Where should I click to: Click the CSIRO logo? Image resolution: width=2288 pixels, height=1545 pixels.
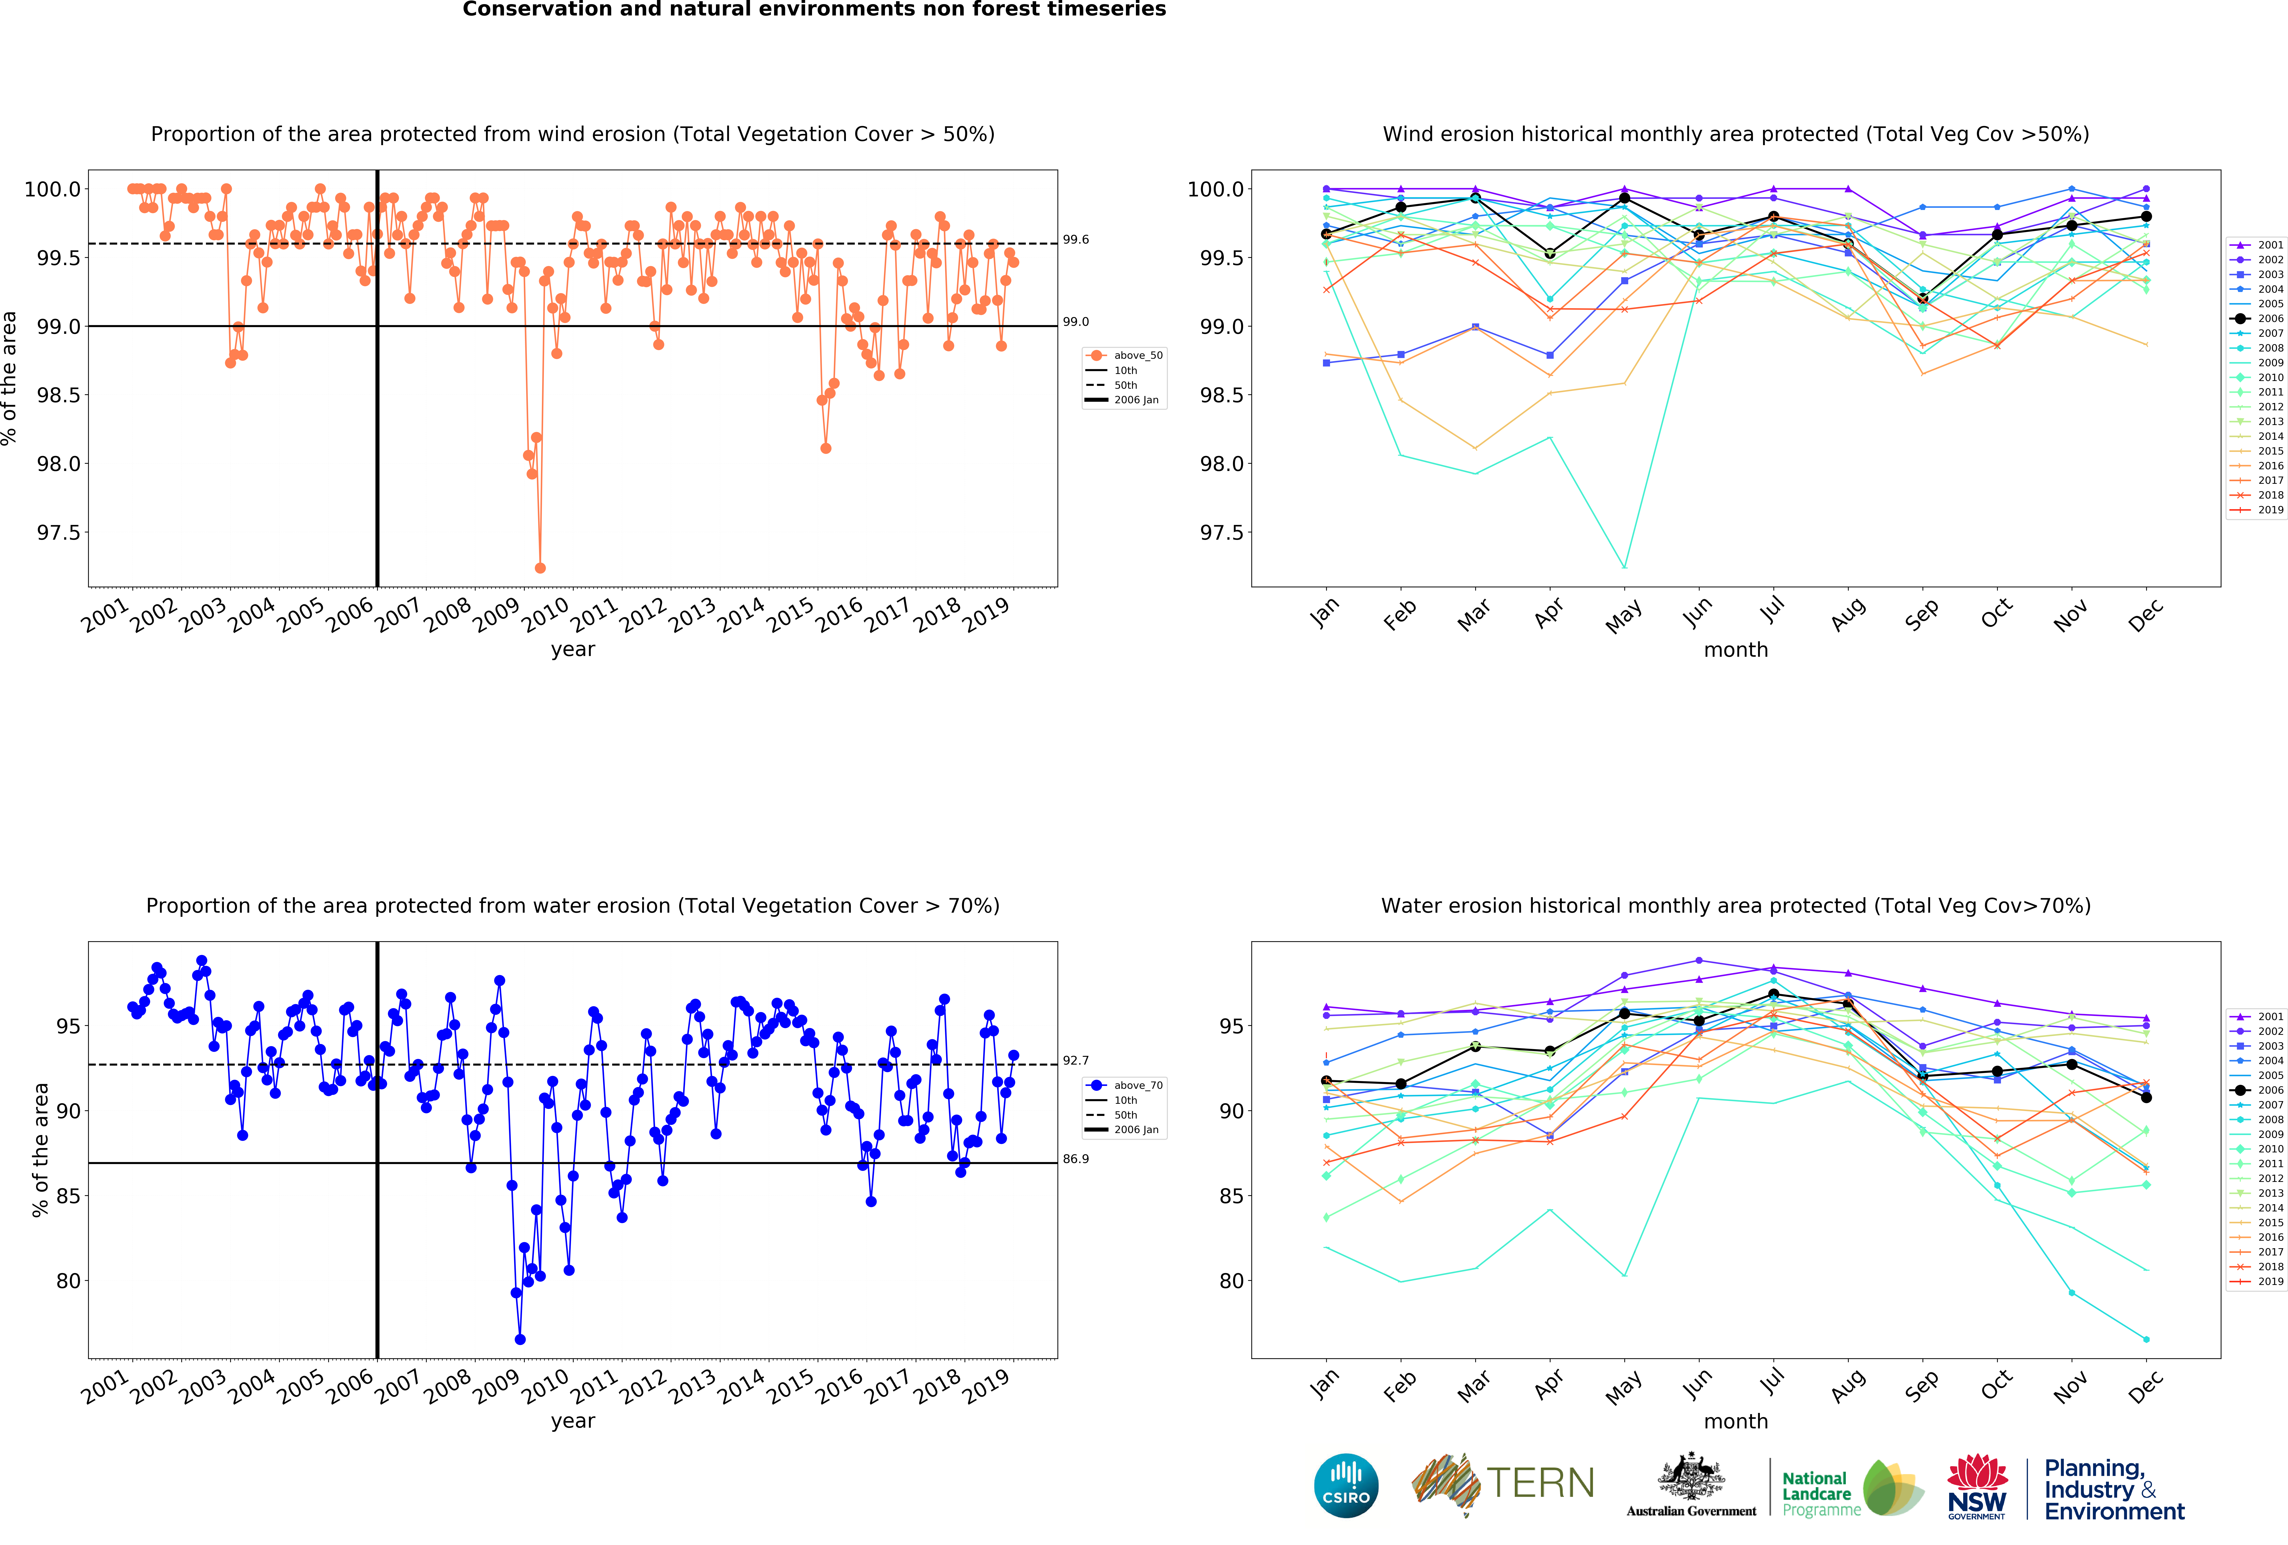click(x=1346, y=1485)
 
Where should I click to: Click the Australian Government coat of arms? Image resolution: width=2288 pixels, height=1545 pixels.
click(x=1690, y=1476)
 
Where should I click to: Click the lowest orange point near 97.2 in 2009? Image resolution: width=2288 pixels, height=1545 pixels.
click(x=540, y=568)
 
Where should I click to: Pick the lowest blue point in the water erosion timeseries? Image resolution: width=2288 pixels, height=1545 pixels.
click(x=520, y=1339)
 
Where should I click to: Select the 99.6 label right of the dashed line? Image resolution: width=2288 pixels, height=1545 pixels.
click(x=1076, y=239)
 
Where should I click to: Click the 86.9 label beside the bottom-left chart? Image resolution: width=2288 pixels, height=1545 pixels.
click(x=1076, y=1158)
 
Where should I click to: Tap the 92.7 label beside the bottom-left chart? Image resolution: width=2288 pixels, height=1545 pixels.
click(x=1076, y=1060)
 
